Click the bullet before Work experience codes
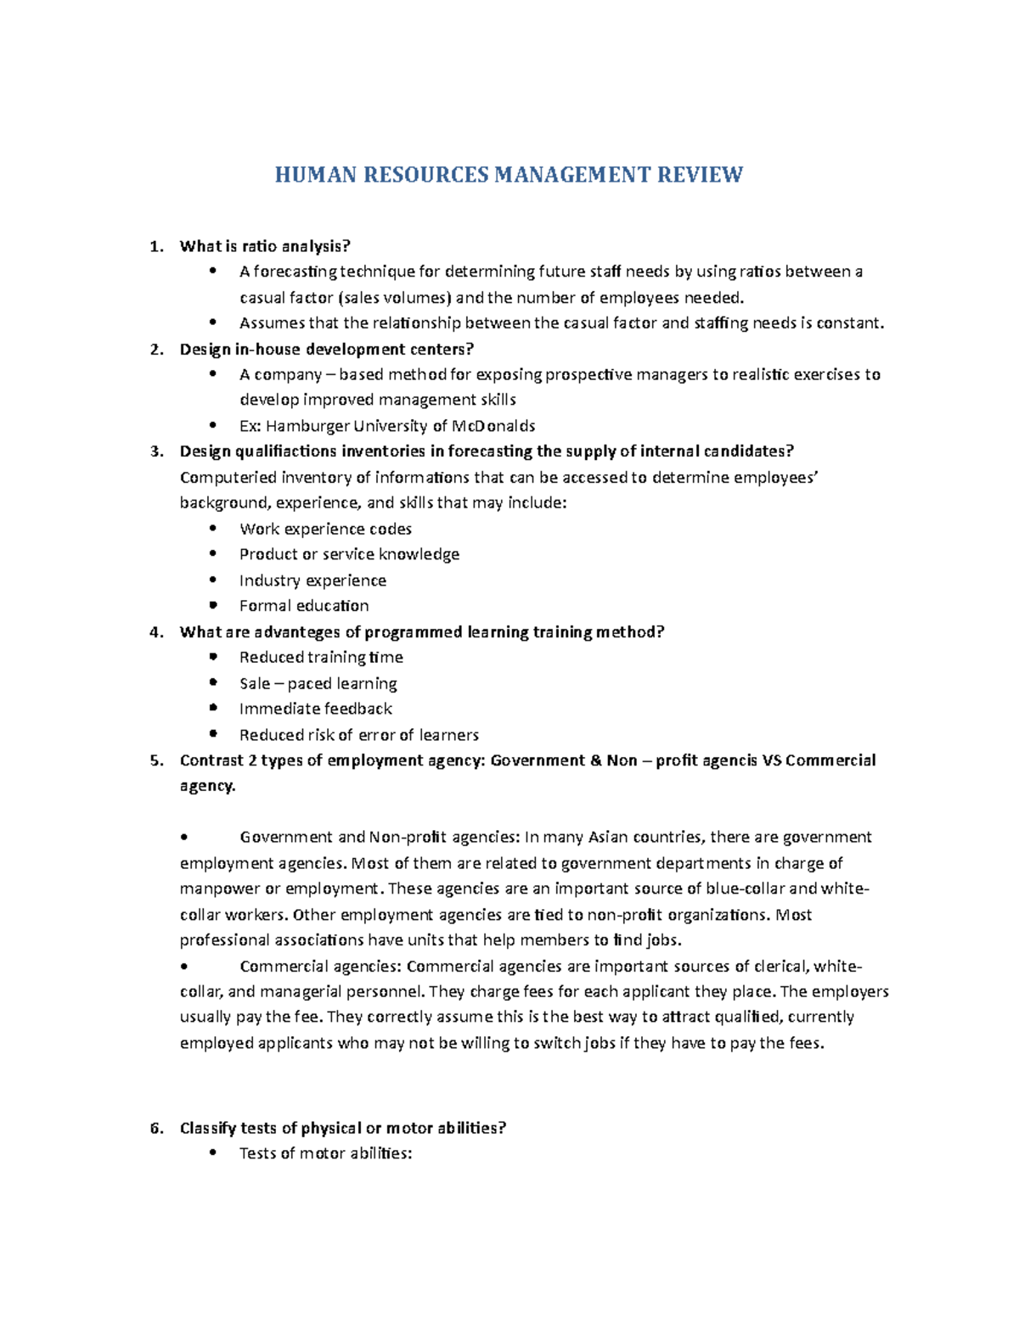click(x=213, y=528)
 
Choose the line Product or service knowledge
click(x=349, y=554)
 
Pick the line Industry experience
click(x=312, y=580)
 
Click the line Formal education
click(x=304, y=606)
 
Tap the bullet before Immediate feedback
click(x=213, y=708)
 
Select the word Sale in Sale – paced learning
click(x=255, y=683)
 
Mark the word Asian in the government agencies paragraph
click(x=610, y=838)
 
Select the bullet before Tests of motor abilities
click(x=213, y=1153)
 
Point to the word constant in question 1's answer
click(x=848, y=323)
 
